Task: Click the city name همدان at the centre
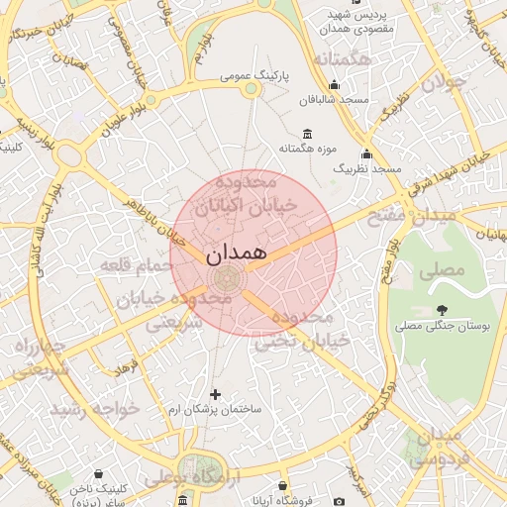pyautogui.click(x=238, y=253)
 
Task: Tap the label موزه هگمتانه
pyautogui.click(x=305, y=149)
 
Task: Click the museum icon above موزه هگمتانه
pyautogui.click(x=306, y=134)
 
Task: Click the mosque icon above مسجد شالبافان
pyautogui.click(x=334, y=84)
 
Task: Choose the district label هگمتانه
pyautogui.click(x=341, y=60)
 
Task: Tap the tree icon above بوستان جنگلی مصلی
pyautogui.click(x=441, y=310)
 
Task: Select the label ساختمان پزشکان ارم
pyautogui.click(x=215, y=409)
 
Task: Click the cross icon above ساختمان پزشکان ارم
pyautogui.click(x=215, y=394)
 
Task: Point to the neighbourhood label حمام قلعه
pyautogui.click(x=137, y=265)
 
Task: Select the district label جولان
pyautogui.click(x=443, y=82)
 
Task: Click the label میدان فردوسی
pyautogui.click(x=436, y=448)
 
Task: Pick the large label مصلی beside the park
pyautogui.click(x=441, y=268)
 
